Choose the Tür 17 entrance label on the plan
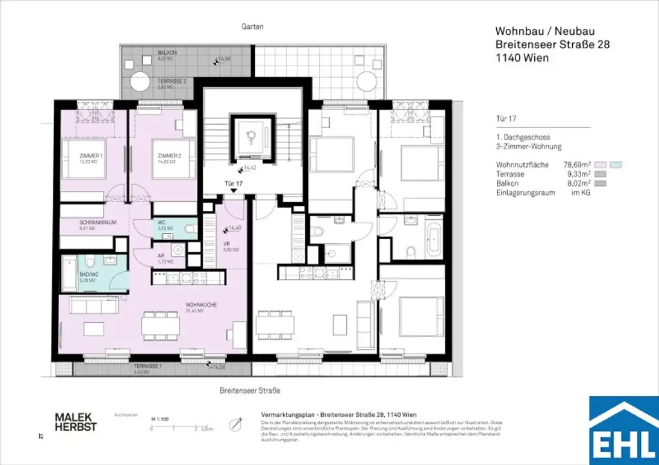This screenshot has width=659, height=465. tap(233, 183)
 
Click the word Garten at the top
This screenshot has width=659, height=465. tap(253, 27)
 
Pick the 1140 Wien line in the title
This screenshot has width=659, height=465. tap(520, 58)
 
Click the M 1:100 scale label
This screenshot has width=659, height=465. tap(160, 418)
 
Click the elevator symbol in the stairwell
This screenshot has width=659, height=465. tap(252, 136)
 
